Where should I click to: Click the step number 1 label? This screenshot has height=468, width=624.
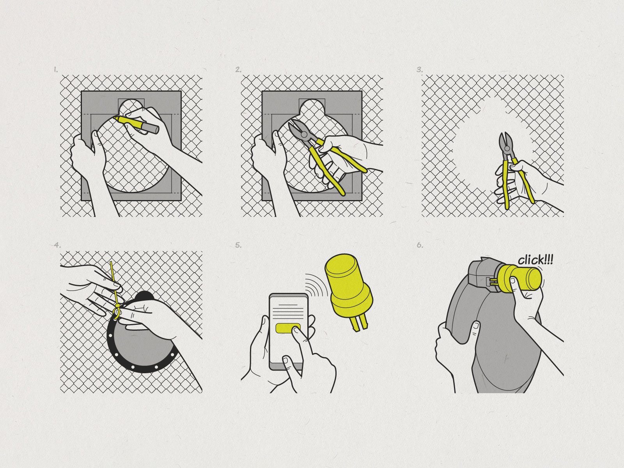pyautogui.click(x=56, y=70)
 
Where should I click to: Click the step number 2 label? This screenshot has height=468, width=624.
pyautogui.click(x=238, y=70)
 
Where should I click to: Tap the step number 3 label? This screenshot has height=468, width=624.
pyautogui.click(x=420, y=70)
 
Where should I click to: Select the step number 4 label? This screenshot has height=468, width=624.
pyautogui.click(x=57, y=245)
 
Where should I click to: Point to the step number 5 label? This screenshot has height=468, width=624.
pyautogui.click(x=238, y=245)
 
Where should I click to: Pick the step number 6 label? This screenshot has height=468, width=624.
pyautogui.click(x=420, y=245)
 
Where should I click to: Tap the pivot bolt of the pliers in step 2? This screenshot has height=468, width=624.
pyautogui.click(x=304, y=135)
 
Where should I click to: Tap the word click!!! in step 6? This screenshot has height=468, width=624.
pyautogui.click(x=535, y=260)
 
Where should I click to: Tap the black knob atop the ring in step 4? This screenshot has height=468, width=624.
pyautogui.click(x=145, y=295)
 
